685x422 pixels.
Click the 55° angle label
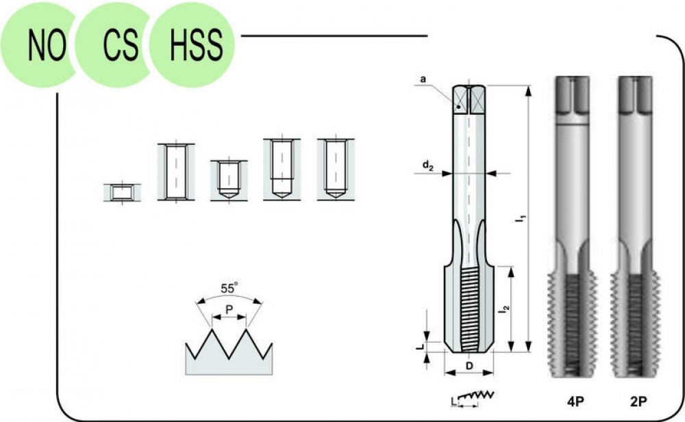(x=229, y=288)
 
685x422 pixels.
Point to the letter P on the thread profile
(x=229, y=309)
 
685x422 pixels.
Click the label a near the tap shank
(x=423, y=79)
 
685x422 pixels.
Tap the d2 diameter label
(x=427, y=166)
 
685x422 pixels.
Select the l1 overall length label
(x=521, y=219)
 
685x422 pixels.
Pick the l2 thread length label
(x=506, y=308)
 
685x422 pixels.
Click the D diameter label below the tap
(x=469, y=366)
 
